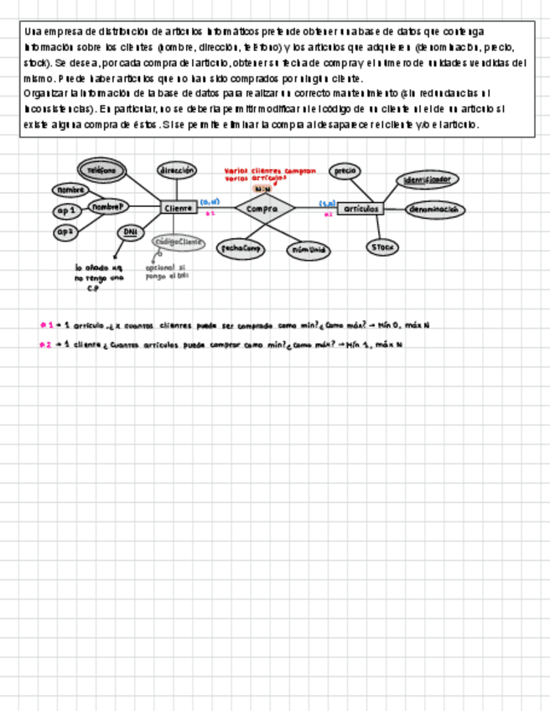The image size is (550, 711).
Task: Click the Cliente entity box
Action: [x=179, y=208]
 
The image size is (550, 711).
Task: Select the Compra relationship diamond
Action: [x=264, y=208]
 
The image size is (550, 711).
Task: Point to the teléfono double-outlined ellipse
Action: [x=102, y=169]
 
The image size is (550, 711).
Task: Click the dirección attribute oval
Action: [x=177, y=169]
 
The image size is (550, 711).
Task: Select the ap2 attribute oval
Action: [x=66, y=231]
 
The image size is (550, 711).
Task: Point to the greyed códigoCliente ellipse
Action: [x=179, y=242]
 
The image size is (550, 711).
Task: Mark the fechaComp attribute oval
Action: [x=241, y=248]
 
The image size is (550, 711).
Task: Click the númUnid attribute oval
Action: [x=308, y=250]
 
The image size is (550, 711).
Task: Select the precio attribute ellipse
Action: [x=345, y=171]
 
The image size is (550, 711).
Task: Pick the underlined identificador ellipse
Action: [x=427, y=180]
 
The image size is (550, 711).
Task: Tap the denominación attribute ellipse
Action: [x=436, y=210]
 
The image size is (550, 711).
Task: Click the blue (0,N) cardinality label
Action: [x=210, y=202]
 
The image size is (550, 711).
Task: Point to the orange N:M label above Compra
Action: [x=262, y=189]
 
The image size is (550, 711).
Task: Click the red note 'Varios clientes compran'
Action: [x=270, y=170]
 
